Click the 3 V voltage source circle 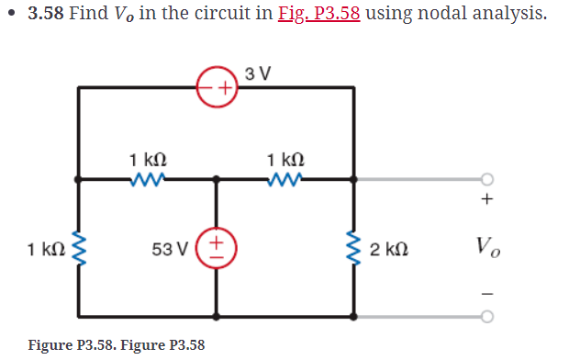[217, 88]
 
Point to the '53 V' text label [170, 248]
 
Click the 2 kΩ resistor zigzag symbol [354, 247]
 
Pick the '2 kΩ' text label [390, 248]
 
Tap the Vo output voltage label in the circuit [487, 247]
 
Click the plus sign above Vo [487, 199]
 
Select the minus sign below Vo [487, 294]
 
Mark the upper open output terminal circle [487, 179]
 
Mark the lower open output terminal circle [487, 316]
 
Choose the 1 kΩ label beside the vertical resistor [45, 248]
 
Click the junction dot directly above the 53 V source [217, 179]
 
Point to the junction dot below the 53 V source [217, 316]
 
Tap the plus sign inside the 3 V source [223, 88]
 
